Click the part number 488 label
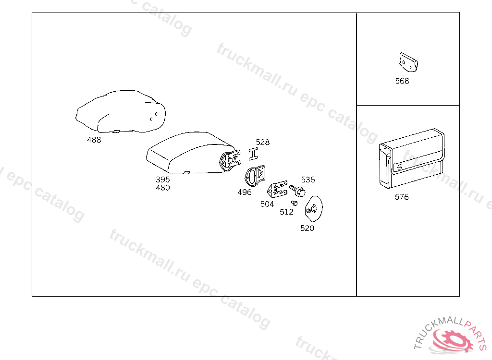(94, 140)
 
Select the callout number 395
(163, 180)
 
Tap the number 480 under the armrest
(163, 188)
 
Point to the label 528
(263, 143)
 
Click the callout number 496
(245, 192)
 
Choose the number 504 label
(267, 204)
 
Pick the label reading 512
(286, 212)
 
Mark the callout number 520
(307, 228)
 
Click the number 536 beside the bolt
(308, 180)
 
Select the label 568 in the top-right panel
(402, 81)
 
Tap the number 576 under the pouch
(402, 197)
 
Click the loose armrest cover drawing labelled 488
(121, 112)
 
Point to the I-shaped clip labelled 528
(253, 154)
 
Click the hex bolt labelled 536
(297, 191)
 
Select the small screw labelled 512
(295, 203)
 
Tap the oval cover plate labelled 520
(313, 208)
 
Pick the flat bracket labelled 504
(277, 189)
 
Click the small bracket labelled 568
(408, 62)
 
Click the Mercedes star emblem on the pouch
(400, 167)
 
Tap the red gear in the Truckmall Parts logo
(453, 340)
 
